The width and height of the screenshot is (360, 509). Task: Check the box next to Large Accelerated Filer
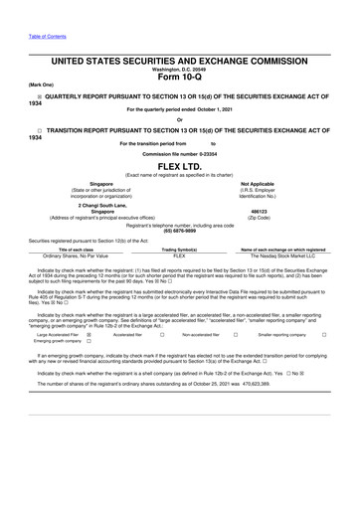click(x=90, y=336)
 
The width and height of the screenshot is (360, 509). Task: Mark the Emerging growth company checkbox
click(x=90, y=344)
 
